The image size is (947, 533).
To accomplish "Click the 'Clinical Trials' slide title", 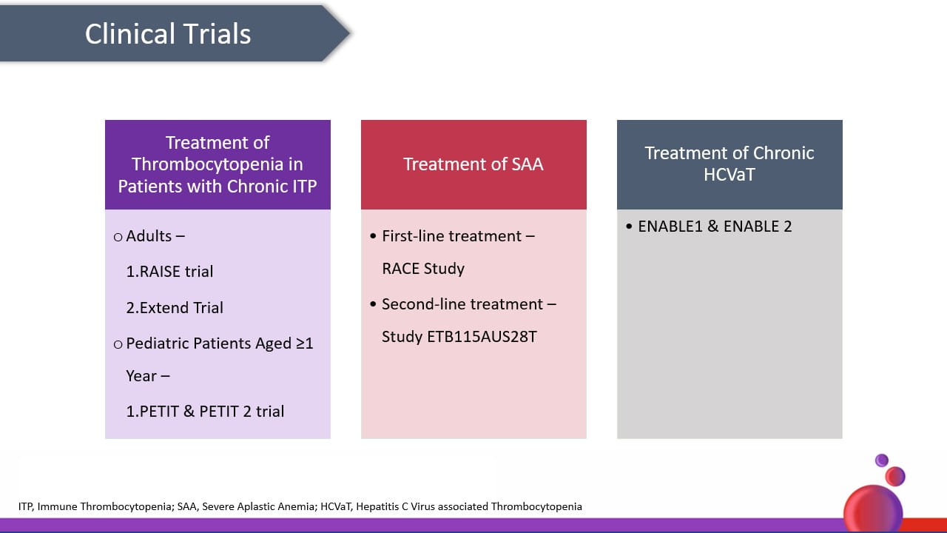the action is pos(168,34).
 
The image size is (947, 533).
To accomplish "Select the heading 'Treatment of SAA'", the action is pos(473,164).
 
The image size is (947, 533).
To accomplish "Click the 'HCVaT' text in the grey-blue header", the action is pos(729,174).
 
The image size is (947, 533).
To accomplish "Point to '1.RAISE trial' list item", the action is pos(169,272).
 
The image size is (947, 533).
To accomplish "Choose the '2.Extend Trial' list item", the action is pos(175,307).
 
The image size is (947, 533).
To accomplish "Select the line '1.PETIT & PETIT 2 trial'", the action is pos(205,411).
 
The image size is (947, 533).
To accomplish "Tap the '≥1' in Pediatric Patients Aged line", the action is pos(304,343).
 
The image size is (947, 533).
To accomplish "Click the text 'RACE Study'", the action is pos(423,269).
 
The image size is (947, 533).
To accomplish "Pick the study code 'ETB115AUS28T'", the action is pos(482,337).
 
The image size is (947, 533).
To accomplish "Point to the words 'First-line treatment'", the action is pos(451,236).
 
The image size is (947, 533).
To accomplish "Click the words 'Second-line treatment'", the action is pos(462,304).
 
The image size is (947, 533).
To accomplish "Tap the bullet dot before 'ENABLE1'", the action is pos(629,227).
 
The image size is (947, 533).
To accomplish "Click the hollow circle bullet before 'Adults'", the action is pos(118,237).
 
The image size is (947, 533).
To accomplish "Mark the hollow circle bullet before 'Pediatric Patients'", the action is pos(118,344).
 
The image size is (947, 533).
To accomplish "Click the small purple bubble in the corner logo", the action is pos(881,460).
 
